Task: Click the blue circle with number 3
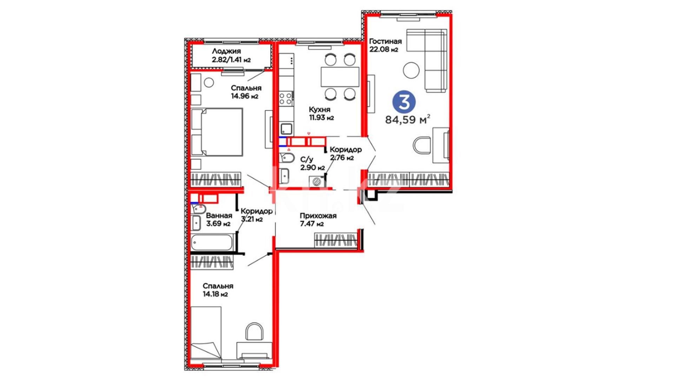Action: [x=404, y=102]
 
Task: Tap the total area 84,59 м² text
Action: [x=408, y=120]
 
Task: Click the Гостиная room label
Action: [x=385, y=41]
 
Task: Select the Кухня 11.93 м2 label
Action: [x=321, y=113]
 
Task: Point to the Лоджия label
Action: [x=226, y=51]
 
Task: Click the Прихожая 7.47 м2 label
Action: [x=318, y=220]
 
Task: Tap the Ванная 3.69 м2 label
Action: [x=219, y=219]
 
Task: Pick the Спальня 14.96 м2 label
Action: [x=246, y=92]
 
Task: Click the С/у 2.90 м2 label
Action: [x=312, y=164]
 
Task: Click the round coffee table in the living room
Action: [x=411, y=71]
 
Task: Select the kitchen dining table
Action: [x=340, y=77]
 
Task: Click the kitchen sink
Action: [x=286, y=129]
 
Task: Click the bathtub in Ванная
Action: [x=212, y=242]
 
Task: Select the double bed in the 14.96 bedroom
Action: [x=217, y=132]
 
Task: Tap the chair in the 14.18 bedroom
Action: [x=255, y=331]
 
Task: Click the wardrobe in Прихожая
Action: [x=336, y=241]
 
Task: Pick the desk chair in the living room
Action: [x=422, y=145]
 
